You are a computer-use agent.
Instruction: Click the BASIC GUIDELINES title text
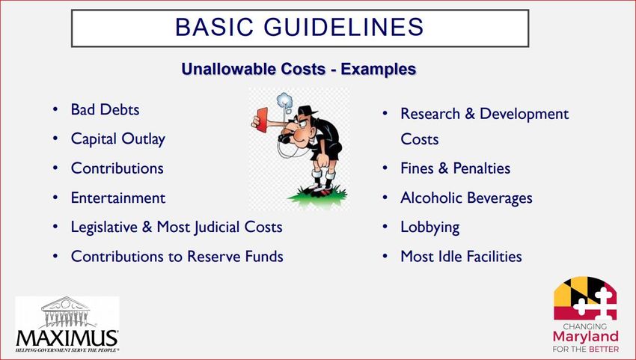(x=299, y=27)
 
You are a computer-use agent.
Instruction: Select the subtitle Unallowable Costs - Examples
(x=299, y=69)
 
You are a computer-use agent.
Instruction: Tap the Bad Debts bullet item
(x=105, y=109)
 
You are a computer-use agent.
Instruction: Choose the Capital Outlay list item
(x=118, y=139)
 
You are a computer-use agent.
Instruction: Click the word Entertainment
(x=118, y=198)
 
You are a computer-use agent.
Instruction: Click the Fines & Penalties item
(x=455, y=168)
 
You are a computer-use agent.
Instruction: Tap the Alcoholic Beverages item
(x=466, y=198)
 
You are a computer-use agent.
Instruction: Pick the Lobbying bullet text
(x=430, y=228)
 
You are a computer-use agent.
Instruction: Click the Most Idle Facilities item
(x=461, y=257)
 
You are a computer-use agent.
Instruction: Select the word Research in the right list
(x=430, y=114)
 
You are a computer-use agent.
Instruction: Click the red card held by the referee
(x=262, y=120)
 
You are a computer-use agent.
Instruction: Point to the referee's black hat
(x=307, y=110)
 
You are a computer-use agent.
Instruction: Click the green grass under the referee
(x=318, y=196)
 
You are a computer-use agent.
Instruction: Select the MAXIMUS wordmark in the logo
(x=67, y=338)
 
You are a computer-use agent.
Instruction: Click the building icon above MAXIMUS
(x=65, y=312)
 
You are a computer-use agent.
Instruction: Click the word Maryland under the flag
(x=585, y=338)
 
